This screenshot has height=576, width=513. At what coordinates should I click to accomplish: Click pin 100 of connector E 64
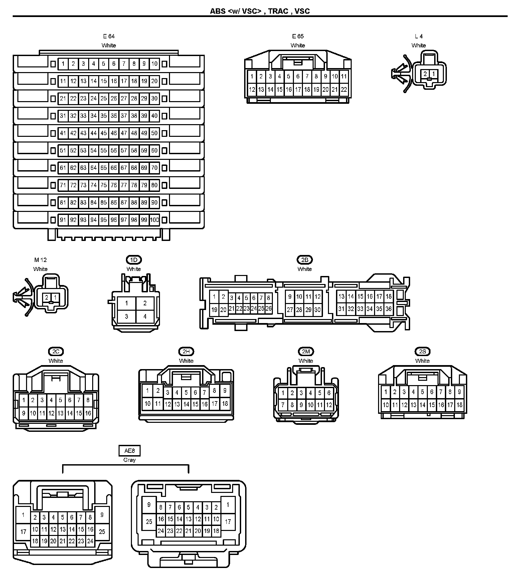click(x=154, y=220)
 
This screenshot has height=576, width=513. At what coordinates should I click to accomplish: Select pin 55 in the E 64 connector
click(x=104, y=151)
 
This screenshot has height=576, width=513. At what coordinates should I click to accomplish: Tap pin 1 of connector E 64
click(x=63, y=64)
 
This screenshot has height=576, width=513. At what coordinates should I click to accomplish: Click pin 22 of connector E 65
click(x=344, y=89)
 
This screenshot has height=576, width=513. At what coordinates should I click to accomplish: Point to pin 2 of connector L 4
click(x=425, y=74)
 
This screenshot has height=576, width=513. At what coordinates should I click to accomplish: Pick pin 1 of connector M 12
click(x=55, y=298)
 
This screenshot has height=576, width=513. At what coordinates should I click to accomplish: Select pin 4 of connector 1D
click(x=145, y=316)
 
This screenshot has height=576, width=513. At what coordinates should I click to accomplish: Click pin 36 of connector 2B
click(x=388, y=309)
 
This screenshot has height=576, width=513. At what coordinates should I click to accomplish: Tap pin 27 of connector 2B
click(x=290, y=310)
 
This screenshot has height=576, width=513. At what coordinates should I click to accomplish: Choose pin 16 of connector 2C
click(x=88, y=413)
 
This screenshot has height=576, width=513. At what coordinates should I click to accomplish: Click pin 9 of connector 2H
click(x=225, y=390)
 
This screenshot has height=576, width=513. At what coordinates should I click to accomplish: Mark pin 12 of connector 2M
click(x=329, y=405)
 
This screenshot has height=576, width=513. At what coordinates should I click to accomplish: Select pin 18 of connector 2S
click(x=459, y=405)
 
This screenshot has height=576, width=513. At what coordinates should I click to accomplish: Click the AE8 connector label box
click(x=130, y=451)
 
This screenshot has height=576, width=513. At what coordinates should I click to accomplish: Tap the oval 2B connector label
click(x=305, y=260)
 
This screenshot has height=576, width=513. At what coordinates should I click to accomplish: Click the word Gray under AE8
click(x=130, y=460)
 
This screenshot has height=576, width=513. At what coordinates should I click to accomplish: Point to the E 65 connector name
click(x=298, y=36)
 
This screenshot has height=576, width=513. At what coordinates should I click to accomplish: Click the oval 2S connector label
click(x=422, y=351)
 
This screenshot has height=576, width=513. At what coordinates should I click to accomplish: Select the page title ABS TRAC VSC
click(x=260, y=11)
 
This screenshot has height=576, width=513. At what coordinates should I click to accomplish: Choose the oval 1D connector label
click(x=134, y=260)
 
